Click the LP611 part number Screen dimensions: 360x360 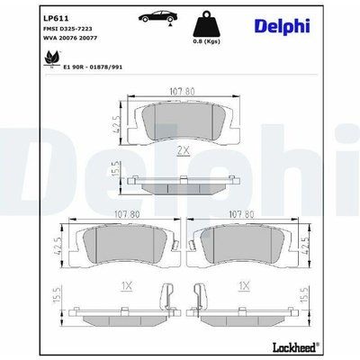(x=56, y=18)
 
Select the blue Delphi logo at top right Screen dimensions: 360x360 (x=282, y=26)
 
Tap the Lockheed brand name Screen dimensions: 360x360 (x=295, y=347)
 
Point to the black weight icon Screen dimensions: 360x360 (x=206, y=24)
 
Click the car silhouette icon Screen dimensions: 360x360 (x=158, y=17)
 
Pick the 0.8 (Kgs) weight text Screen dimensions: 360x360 (x=206, y=41)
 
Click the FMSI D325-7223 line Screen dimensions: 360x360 (x=67, y=29)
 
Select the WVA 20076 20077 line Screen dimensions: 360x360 (x=70, y=38)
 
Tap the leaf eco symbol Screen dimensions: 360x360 (x=51, y=58)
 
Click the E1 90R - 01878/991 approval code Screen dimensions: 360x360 (x=93, y=67)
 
